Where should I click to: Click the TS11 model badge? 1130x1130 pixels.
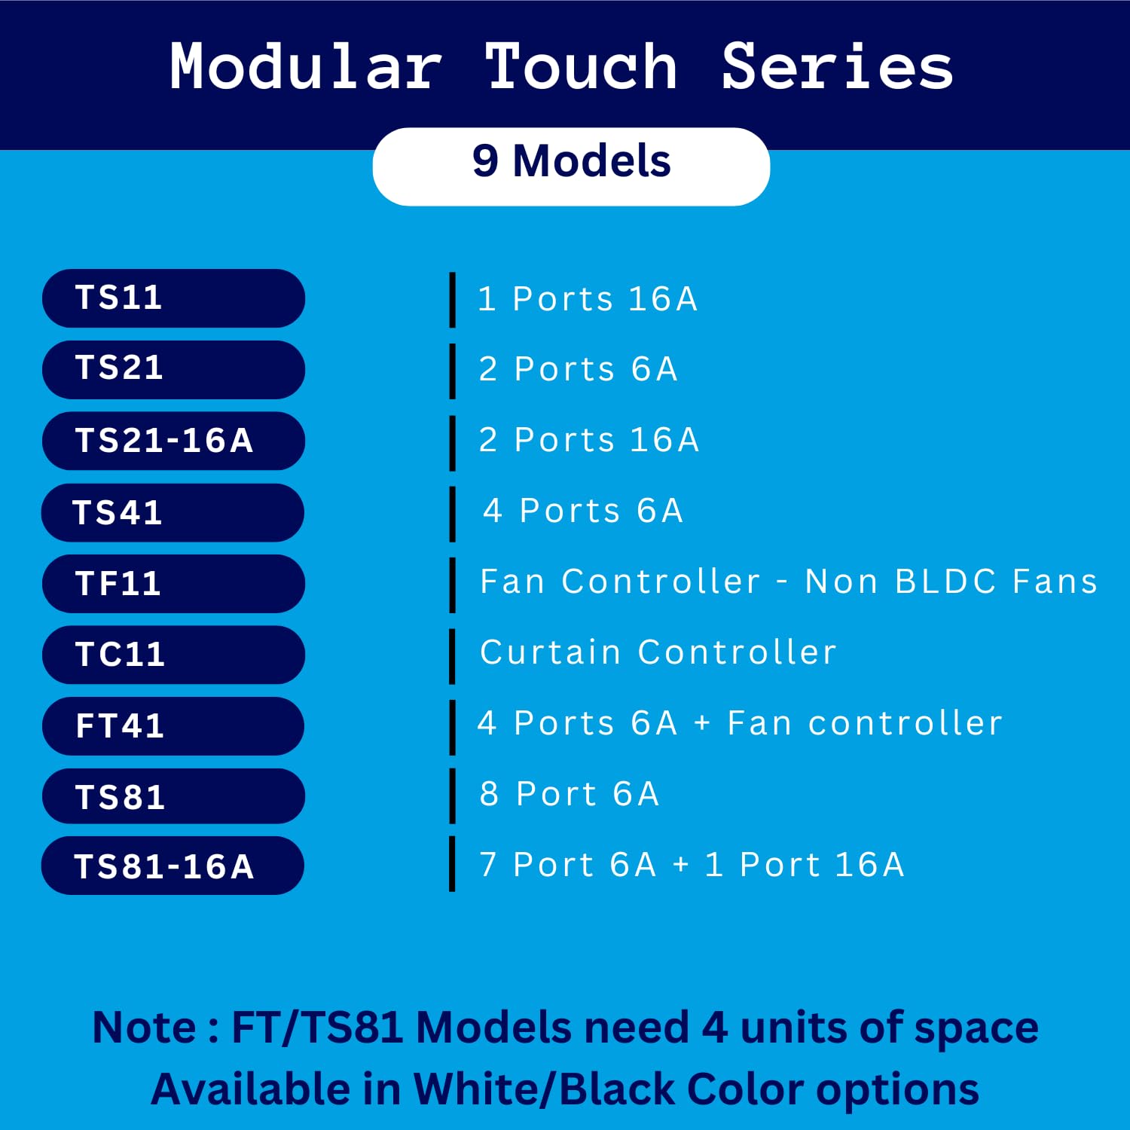coord(173,298)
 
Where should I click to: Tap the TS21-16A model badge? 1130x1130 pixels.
coord(173,441)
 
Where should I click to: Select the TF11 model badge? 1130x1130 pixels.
coord(173,584)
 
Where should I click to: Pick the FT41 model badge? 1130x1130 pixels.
coord(173,726)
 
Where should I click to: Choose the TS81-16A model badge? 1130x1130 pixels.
coord(173,866)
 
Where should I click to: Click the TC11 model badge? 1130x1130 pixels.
coord(173,655)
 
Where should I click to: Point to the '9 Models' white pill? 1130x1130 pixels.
coord(571,166)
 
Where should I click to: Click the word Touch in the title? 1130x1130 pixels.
coord(581,66)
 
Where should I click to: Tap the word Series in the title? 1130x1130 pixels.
coord(837,66)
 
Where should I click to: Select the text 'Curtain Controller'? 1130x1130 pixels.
coord(658,652)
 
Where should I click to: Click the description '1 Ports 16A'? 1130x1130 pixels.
coord(588,299)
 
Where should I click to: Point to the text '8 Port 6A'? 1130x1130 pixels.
coord(570,794)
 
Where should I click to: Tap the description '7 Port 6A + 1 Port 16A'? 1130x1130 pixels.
coord(692,865)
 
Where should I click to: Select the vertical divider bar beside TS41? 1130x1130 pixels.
coord(452,514)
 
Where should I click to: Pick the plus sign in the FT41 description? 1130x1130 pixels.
coord(702,723)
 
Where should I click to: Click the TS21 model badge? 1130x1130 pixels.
coord(173,370)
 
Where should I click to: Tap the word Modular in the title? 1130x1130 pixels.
coord(305,66)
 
